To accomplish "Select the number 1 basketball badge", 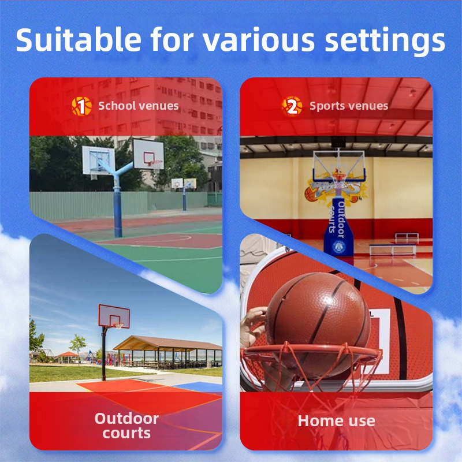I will click(x=82, y=106).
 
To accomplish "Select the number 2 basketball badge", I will click(x=292, y=106).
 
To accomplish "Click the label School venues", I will click(x=138, y=106).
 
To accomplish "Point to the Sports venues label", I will click(x=349, y=106).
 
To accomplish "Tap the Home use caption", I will click(x=336, y=421).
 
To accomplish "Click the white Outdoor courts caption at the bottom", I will click(x=126, y=426).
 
